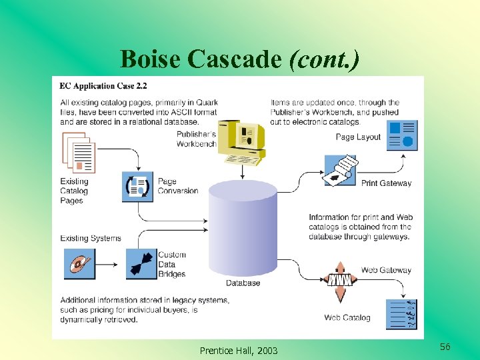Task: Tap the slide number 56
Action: pos(445,347)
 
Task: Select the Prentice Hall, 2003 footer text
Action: pos(239,351)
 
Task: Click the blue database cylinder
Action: pos(243,227)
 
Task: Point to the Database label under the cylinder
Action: pos(243,283)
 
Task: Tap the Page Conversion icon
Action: pos(138,186)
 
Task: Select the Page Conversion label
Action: pos(177,186)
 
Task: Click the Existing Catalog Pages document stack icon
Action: pos(79,153)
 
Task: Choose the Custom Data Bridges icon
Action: pos(139,264)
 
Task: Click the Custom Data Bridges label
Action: pos(172,264)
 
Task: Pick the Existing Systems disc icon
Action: pos(79,264)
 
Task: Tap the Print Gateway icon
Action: pos(339,171)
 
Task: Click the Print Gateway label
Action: pos(386,183)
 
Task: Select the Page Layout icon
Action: pos(402,135)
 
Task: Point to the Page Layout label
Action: pos(358,137)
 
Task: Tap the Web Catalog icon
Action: pos(402,314)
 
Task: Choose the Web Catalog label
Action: pos(347,317)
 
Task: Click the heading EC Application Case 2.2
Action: pos(103,86)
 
